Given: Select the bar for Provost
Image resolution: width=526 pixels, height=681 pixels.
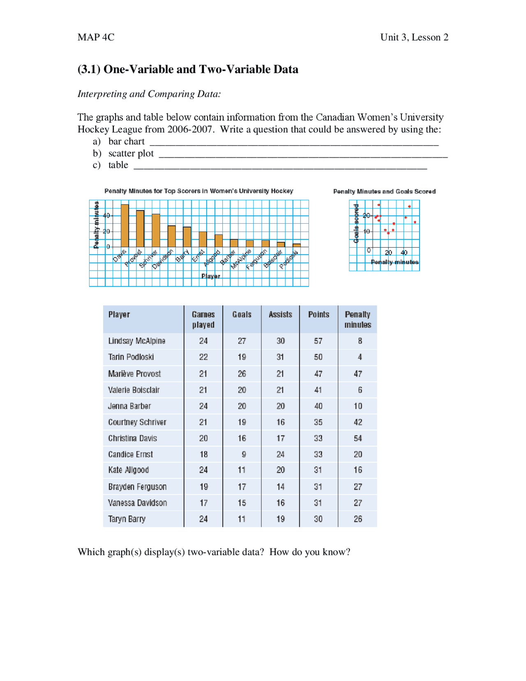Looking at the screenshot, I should click(140, 229).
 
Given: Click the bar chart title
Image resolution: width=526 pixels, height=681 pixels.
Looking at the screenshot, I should click(198, 191).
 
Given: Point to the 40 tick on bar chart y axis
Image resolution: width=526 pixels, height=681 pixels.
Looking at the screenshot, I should click(106, 215).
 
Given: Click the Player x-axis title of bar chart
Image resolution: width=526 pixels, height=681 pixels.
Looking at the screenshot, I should click(210, 276).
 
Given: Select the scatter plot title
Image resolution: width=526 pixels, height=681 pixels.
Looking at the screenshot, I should click(384, 191).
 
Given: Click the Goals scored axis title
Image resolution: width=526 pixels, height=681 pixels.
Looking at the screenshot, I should click(356, 223).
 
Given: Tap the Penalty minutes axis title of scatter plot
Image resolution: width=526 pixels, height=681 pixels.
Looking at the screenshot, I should click(394, 262).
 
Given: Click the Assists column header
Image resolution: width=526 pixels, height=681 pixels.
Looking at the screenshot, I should click(280, 315).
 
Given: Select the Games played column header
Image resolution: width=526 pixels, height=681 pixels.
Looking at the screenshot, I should click(203, 319).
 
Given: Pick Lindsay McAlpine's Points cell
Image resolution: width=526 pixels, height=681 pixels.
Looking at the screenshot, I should click(318, 341).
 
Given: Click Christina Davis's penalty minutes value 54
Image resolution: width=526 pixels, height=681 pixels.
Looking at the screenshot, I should click(358, 438).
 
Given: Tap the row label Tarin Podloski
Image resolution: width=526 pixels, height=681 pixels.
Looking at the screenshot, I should click(131, 357).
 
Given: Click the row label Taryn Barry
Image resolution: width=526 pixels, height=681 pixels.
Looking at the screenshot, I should click(127, 519).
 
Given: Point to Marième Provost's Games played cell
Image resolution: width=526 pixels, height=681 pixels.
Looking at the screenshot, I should click(203, 374).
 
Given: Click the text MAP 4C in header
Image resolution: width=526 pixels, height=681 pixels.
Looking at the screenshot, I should click(96, 37).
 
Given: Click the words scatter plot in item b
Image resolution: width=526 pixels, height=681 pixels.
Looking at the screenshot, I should click(131, 153).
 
